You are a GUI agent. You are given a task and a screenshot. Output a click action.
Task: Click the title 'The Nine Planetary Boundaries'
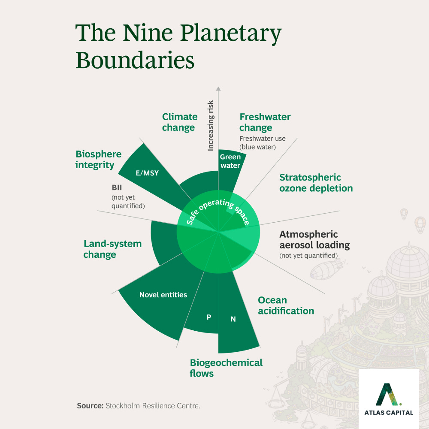tap(178, 46)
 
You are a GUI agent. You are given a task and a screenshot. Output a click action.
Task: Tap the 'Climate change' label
tap(180, 122)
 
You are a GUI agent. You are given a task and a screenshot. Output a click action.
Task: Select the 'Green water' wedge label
tap(230, 161)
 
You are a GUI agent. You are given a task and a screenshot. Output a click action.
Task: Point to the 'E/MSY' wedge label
tap(147, 173)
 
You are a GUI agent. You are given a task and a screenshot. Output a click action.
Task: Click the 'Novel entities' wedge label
tap(163, 295)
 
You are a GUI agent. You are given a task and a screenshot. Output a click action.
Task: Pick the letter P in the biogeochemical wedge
tap(209, 317)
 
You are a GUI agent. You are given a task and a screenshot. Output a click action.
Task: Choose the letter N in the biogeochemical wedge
tap(233, 319)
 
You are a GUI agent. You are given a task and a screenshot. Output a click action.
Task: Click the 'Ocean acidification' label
tap(286, 305)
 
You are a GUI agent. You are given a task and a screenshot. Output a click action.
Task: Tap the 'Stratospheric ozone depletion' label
tap(316, 183)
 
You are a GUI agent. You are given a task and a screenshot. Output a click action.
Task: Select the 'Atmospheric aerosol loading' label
tap(314, 240)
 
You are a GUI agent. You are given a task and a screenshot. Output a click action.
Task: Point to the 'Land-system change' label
tap(112, 249)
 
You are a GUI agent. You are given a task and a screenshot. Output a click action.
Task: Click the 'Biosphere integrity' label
tap(99, 159)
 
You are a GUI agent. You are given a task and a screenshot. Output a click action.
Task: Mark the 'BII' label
tap(117, 187)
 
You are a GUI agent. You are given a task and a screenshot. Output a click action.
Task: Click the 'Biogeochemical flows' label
tap(226, 368)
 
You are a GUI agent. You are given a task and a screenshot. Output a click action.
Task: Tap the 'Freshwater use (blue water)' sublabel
tap(263, 142)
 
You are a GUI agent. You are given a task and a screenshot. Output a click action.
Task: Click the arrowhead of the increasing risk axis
tap(218, 89)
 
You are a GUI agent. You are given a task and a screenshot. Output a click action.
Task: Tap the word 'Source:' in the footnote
tap(90, 405)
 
